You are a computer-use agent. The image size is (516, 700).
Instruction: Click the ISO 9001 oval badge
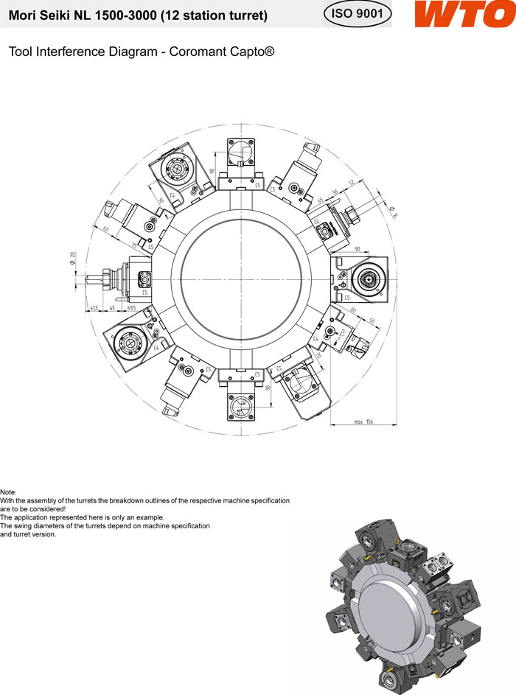point(358,15)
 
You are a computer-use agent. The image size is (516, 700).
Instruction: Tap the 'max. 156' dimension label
point(363,421)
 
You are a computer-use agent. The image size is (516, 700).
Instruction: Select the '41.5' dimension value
point(94,307)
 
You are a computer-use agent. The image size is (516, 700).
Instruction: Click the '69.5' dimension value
point(132,307)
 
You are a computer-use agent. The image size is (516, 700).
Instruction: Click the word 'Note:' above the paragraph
point(8,492)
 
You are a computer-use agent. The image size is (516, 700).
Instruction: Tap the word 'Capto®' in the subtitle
point(254,53)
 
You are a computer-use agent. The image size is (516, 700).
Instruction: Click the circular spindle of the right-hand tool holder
point(366,279)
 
